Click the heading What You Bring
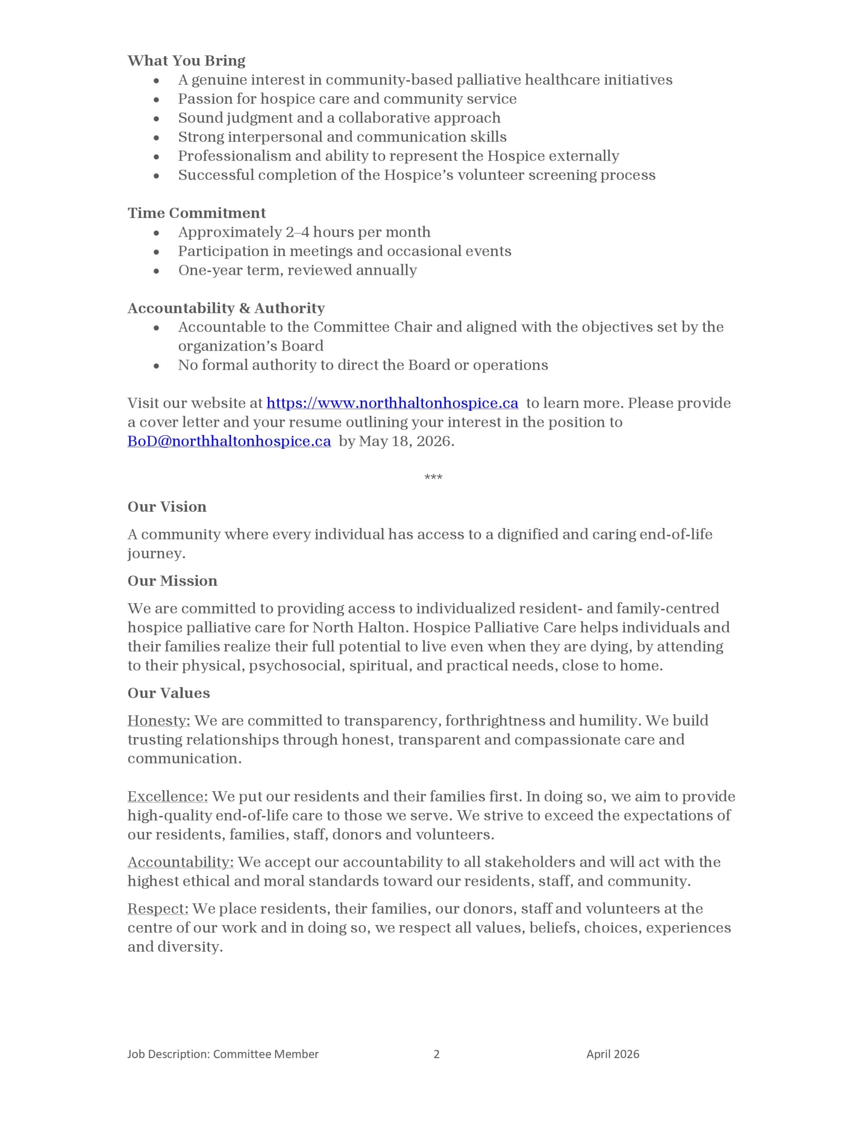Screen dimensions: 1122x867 click(186, 60)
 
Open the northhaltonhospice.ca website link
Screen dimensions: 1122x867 click(392, 403)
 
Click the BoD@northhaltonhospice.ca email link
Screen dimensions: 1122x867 click(229, 441)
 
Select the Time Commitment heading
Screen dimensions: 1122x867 click(196, 213)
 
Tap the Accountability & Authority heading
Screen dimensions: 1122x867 click(226, 308)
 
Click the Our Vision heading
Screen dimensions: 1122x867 click(167, 507)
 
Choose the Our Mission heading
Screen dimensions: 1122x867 click(172, 581)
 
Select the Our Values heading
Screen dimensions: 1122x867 click(169, 693)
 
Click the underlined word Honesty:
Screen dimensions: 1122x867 click(159, 721)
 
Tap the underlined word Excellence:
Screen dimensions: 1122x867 click(167, 796)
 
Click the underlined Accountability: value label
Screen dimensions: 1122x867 click(181, 862)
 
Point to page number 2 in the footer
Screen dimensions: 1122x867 click(436, 1054)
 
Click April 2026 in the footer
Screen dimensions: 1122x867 click(613, 1054)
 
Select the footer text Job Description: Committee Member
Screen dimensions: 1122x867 click(223, 1054)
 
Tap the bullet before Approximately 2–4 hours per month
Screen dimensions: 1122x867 click(156, 233)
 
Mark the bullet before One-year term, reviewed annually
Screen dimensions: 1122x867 click(156, 271)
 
